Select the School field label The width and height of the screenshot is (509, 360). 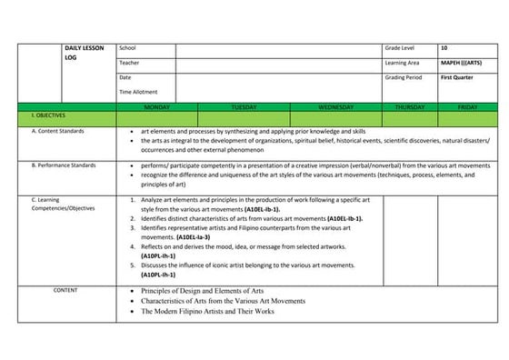(127, 46)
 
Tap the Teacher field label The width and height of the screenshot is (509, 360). (129, 62)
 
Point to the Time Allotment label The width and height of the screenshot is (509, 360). (138, 92)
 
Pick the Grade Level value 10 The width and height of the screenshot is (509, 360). (444, 46)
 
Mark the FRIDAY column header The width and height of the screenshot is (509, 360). (467, 106)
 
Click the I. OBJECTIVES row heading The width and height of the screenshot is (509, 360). (46, 117)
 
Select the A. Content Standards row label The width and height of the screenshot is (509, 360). (57, 132)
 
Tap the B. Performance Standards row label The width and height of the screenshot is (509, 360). (64, 165)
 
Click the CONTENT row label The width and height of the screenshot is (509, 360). (65, 290)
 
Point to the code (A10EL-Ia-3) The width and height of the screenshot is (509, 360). (188, 236)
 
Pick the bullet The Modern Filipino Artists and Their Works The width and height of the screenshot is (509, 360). (207, 311)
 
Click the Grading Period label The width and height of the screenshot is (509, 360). (404, 77)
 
